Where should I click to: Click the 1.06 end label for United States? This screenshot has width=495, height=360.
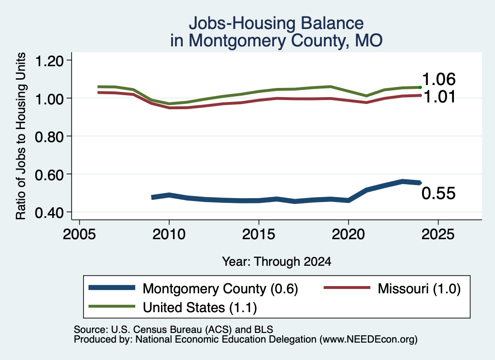(438, 79)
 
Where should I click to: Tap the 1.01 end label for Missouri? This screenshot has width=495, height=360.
(439, 97)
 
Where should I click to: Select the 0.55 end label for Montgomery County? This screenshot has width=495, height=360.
(438, 193)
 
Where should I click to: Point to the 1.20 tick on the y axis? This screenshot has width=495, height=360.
(49, 60)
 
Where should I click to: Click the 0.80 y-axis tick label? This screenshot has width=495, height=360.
(49, 137)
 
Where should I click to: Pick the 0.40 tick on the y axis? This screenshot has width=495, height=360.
(49, 213)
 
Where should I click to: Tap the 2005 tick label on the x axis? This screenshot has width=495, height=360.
(80, 234)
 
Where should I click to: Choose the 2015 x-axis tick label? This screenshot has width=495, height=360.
(259, 234)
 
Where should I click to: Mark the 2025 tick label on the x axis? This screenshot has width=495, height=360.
(438, 234)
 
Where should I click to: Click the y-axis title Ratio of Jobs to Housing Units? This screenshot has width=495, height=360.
(21, 136)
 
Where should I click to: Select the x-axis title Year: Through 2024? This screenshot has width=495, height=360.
(277, 261)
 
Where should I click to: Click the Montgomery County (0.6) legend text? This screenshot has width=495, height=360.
(220, 288)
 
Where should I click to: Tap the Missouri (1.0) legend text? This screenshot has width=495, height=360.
(419, 288)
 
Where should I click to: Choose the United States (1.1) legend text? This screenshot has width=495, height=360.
(200, 308)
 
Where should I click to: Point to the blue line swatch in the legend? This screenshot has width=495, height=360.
(112, 288)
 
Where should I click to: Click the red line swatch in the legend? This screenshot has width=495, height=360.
(347, 288)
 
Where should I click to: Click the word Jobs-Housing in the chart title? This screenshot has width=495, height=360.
(241, 23)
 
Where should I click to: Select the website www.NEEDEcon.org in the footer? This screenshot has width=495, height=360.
(368, 340)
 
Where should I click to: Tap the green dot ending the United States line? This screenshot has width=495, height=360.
(420, 87)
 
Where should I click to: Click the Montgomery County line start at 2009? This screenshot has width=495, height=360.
(153, 197)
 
